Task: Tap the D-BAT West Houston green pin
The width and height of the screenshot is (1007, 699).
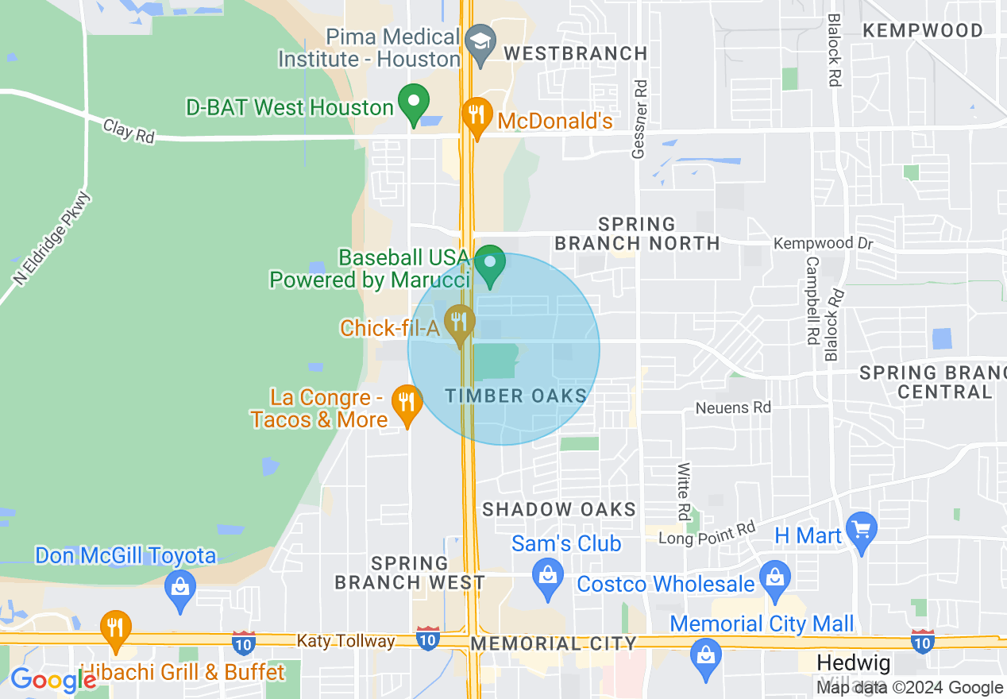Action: point(413,102)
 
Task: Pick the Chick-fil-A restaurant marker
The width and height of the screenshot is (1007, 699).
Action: point(459,322)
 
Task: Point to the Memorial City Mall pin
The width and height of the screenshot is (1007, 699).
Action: point(704,655)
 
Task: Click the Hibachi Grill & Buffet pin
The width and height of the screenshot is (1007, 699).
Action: point(116,628)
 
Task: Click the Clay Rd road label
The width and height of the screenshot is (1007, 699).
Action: point(129,131)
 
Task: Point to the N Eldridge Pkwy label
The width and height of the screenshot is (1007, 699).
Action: point(52,238)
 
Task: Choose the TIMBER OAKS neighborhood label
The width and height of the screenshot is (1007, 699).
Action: point(516,396)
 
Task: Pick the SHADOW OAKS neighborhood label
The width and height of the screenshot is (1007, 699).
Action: point(559,509)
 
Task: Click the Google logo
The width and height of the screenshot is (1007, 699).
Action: point(52,680)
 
